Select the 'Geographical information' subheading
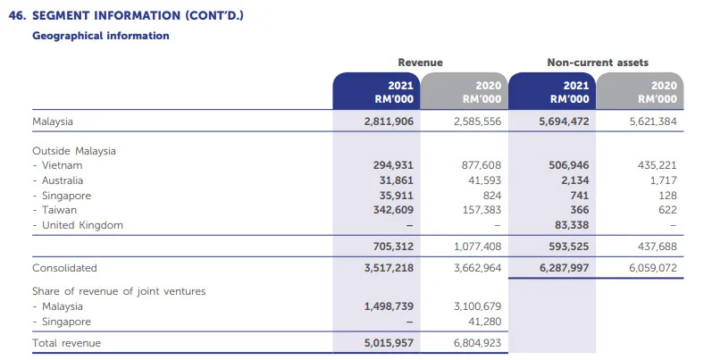101,36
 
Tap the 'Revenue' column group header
420,63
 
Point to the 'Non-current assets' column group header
598,63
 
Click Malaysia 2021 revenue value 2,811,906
389,121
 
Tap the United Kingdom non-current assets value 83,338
569,225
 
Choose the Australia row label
62,180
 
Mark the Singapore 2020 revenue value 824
490,196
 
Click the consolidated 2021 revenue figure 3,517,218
389,268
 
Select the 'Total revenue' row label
66,343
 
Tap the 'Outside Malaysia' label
74,151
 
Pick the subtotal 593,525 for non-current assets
565,247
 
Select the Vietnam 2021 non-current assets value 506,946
565,166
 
